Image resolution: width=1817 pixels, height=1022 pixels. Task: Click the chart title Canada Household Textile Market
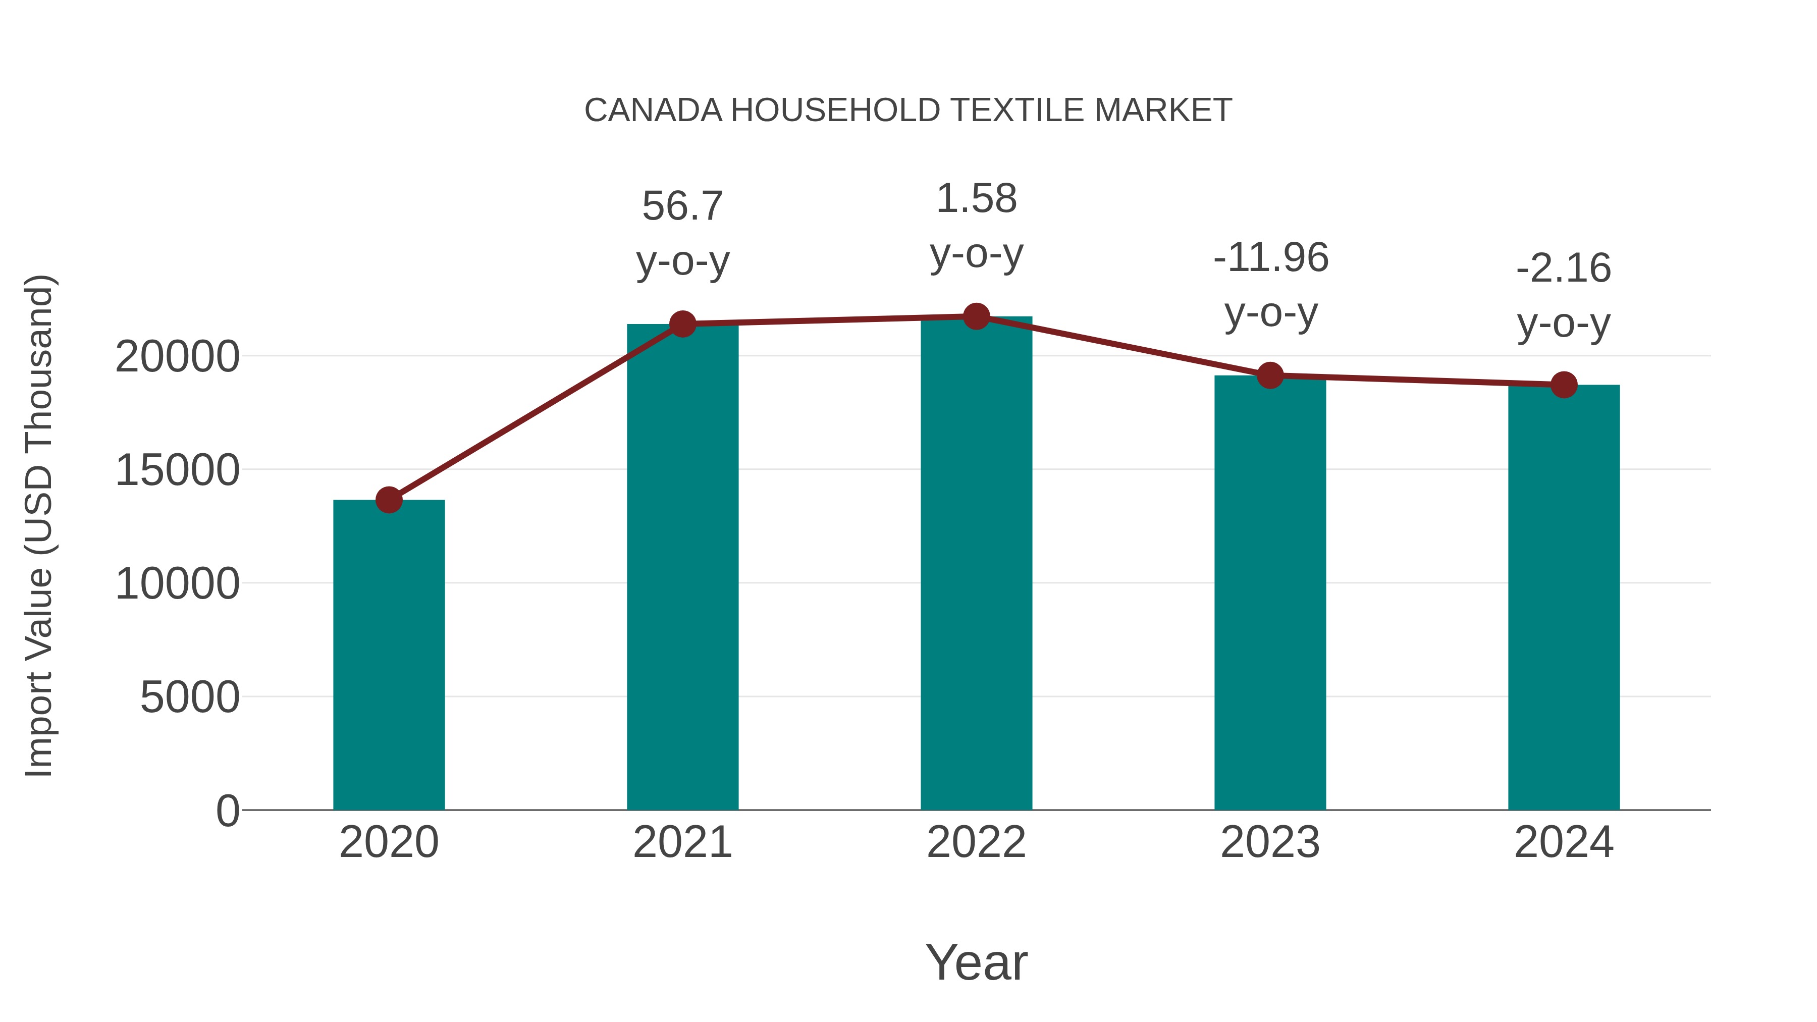pyautogui.click(x=908, y=111)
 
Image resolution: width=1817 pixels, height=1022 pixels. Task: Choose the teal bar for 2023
pyautogui.click(x=1270, y=593)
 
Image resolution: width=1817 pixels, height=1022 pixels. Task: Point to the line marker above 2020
pyautogui.click(x=389, y=500)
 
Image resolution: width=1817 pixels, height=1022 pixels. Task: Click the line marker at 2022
pyautogui.click(x=976, y=316)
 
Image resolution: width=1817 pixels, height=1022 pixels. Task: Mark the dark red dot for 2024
pyautogui.click(x=1564, y=385)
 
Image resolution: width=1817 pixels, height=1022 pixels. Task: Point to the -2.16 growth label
pyautogui.click(x=1564, y=296)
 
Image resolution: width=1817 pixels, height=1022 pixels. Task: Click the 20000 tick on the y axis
pyautogui.click(x=177, y=357)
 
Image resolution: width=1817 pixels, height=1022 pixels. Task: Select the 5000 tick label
pyautogui.click(x=190, y=697)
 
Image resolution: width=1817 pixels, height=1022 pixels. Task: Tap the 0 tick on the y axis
pyautogui.click(x=228, y=811)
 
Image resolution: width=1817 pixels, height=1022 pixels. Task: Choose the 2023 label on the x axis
pyautogui.click(x=1270, y=842)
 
